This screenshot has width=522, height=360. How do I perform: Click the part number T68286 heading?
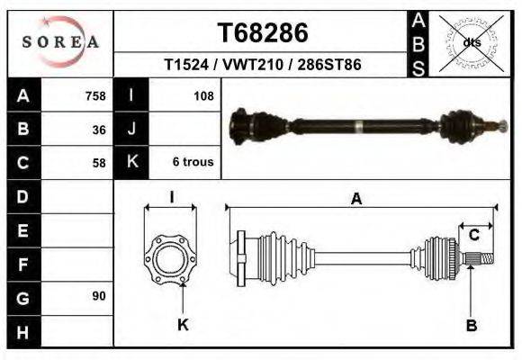(x=263, y=33)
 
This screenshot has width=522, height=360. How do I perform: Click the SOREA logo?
(x=60, y=42)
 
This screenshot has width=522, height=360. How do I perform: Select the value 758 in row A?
(x=94, y=96)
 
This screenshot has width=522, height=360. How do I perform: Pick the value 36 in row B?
(x=99, y=130)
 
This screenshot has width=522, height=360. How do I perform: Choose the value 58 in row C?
(x=99, y=163)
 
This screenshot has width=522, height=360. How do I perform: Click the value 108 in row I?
(x=203, y=96)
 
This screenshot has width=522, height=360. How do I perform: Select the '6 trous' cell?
(x=193, y=163)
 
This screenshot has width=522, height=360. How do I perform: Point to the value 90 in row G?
(x=99, y=296)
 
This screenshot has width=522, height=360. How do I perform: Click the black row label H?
(x=23, y=331)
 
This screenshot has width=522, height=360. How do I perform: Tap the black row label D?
(x=23, y=196)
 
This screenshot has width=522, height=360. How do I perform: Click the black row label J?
(x=132, y=130)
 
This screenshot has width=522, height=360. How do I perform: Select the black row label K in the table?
(x=132, y=163)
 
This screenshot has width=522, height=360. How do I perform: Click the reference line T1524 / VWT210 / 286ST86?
(x=263, y=66)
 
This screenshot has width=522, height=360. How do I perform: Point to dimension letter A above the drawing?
(x=356, y=200)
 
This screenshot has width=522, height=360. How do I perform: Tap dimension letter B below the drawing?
(x=471, y=326)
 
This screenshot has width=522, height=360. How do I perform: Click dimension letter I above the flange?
(x=171, y=198)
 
